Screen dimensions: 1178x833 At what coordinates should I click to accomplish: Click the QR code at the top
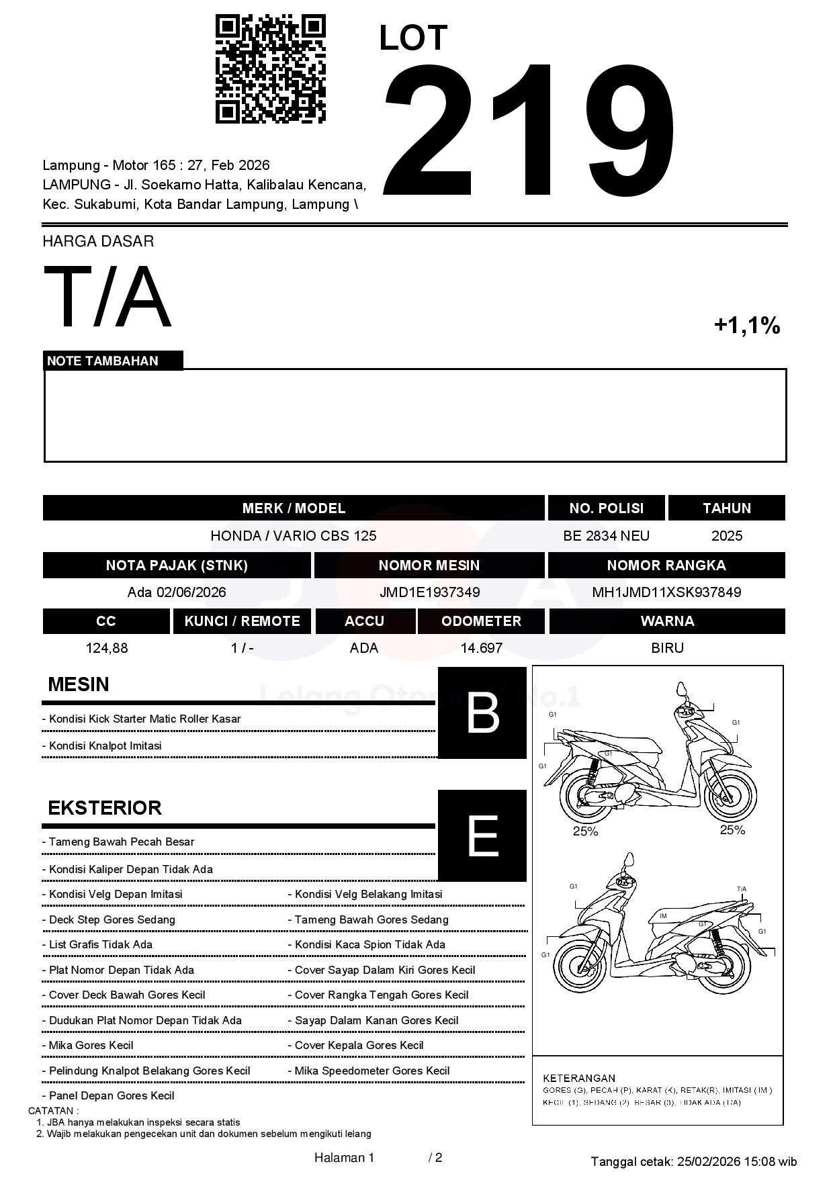point(270,69)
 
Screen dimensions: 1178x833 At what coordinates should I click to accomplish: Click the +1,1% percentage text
point(746,326)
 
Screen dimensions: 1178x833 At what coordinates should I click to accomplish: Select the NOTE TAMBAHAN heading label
point(103,361)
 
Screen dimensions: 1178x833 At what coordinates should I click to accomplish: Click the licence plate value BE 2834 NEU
point(606,536)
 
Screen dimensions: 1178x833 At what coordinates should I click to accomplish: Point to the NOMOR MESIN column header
point(429,565)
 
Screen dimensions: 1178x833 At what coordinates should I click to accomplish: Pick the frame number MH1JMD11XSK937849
point(666,592)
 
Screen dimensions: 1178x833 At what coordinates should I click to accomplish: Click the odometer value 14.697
point(481,648)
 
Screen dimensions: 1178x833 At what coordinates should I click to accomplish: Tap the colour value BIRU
point(667,648)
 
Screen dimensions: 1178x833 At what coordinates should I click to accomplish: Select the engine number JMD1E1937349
point(429,592)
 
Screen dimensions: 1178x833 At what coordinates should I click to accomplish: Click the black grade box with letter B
point(482,713)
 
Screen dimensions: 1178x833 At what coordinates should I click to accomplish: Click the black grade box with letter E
point(482,835)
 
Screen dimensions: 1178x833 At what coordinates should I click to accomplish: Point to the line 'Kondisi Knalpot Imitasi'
point(105,745)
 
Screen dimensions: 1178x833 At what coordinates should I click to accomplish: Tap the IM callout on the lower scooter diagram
point(663,916)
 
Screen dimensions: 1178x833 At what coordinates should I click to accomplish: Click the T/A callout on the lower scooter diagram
point(741,889)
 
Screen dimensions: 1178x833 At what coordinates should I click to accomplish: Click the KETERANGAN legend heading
point(579,1078)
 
